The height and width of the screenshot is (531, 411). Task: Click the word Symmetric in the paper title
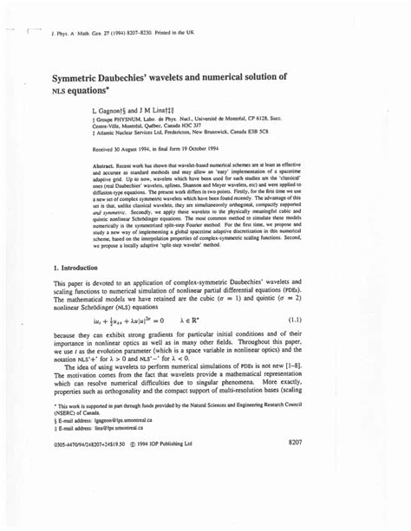[83, 78]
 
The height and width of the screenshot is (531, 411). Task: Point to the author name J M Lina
[170, 112]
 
